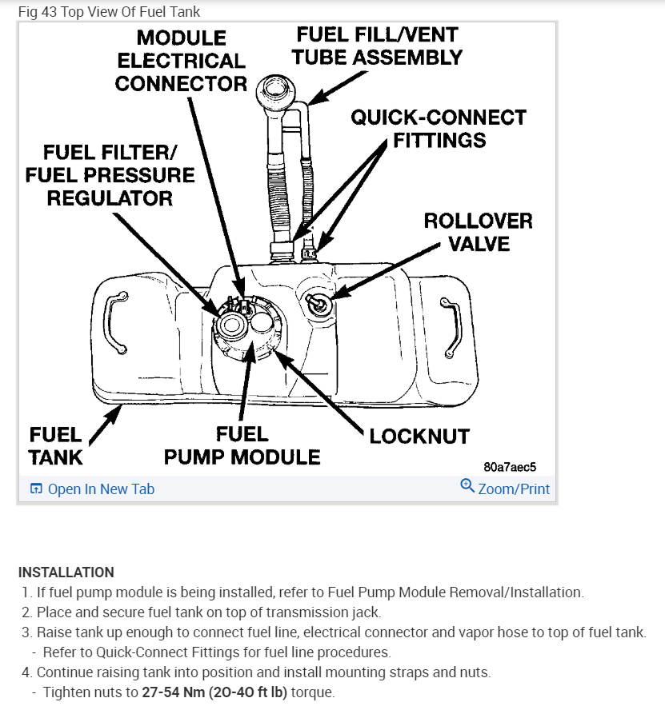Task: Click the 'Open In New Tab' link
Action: [x=101, y=489]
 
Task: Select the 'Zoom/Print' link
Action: [x=514, y=489]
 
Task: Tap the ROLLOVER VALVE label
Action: [x=478, y=231]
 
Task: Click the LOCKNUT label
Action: [x=419, y=437]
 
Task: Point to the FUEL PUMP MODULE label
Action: [x=242, y=445]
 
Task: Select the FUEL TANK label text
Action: [x=56, y=445]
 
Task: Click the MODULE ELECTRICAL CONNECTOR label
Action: [x=181, y=61]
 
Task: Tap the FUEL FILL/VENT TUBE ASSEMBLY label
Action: [x=377, y=46]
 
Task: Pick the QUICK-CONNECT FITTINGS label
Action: [x=439, y=129]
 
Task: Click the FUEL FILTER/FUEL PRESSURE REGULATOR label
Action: [x=109, y=175]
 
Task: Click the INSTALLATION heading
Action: [x=66, y=572]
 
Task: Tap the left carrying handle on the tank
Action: [x=118, y=322]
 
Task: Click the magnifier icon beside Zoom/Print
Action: [x=467, y=485]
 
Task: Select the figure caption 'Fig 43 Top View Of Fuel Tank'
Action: [x=110, y=11]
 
